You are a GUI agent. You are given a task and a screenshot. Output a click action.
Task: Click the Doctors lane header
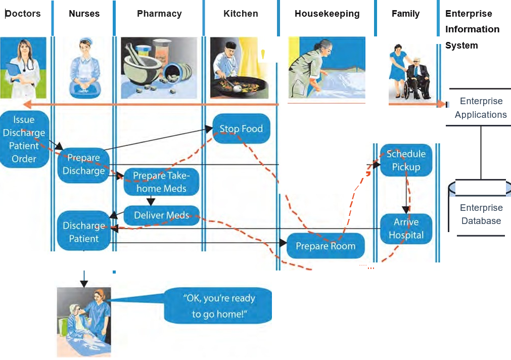tap(23, 14)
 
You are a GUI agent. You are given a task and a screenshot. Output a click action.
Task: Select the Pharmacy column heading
tap(159, 14)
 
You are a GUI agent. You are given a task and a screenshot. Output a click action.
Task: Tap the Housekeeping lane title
tap(327, 14)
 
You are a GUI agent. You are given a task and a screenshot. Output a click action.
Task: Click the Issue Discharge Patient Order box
tap(24, 139)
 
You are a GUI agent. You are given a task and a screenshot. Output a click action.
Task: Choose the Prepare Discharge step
tap(83, 164)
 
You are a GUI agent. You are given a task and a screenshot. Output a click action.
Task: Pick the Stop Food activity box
tap(241, 129)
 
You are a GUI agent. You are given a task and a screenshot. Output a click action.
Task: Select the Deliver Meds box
tap(161, 215)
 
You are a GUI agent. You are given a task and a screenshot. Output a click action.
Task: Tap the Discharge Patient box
tap(84, 232)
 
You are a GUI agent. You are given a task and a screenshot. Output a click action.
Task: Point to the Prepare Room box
tap(326, 246)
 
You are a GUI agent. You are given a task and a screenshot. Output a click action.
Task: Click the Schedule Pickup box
tap(406, 160)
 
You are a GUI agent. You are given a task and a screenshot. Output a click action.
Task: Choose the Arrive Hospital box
tap(406, 229)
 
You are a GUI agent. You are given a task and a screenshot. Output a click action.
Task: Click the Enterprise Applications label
tap(480, 108)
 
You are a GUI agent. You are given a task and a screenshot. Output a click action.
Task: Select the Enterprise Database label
tap(481, 214)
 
